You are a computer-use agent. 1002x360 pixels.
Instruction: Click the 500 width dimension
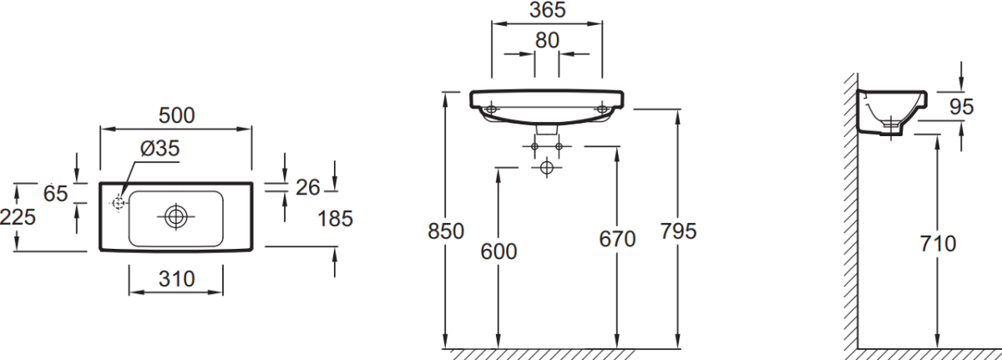pos(176,116)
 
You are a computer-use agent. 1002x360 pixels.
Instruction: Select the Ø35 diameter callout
pos(159,149)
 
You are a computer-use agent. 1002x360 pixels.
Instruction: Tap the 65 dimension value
pos(55,193)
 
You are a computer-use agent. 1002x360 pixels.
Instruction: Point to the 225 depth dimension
pos(18,217)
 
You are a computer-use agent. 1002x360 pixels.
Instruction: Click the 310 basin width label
pos(175,279)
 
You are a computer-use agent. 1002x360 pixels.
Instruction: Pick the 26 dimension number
pos(307,188)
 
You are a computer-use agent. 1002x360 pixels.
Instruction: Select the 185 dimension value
pos(336,219)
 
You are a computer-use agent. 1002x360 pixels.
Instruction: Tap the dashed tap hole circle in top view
pos(118,202)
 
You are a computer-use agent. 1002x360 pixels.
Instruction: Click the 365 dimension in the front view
pos(547,10)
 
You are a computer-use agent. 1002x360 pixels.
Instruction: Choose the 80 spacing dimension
pos(547,39)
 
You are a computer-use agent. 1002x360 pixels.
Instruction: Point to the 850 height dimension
pos(446,231)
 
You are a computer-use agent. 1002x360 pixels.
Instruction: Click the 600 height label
pos(499,250)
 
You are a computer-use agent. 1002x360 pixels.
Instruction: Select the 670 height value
pos(617,239)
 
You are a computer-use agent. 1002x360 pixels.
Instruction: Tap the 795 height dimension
pos(678,231)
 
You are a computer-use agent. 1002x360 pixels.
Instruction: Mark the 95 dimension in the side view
pos(962,106)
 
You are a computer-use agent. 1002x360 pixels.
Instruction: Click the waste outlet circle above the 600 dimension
pos(547,167)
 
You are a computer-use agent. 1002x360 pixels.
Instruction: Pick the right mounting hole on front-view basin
pos(602,109)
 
